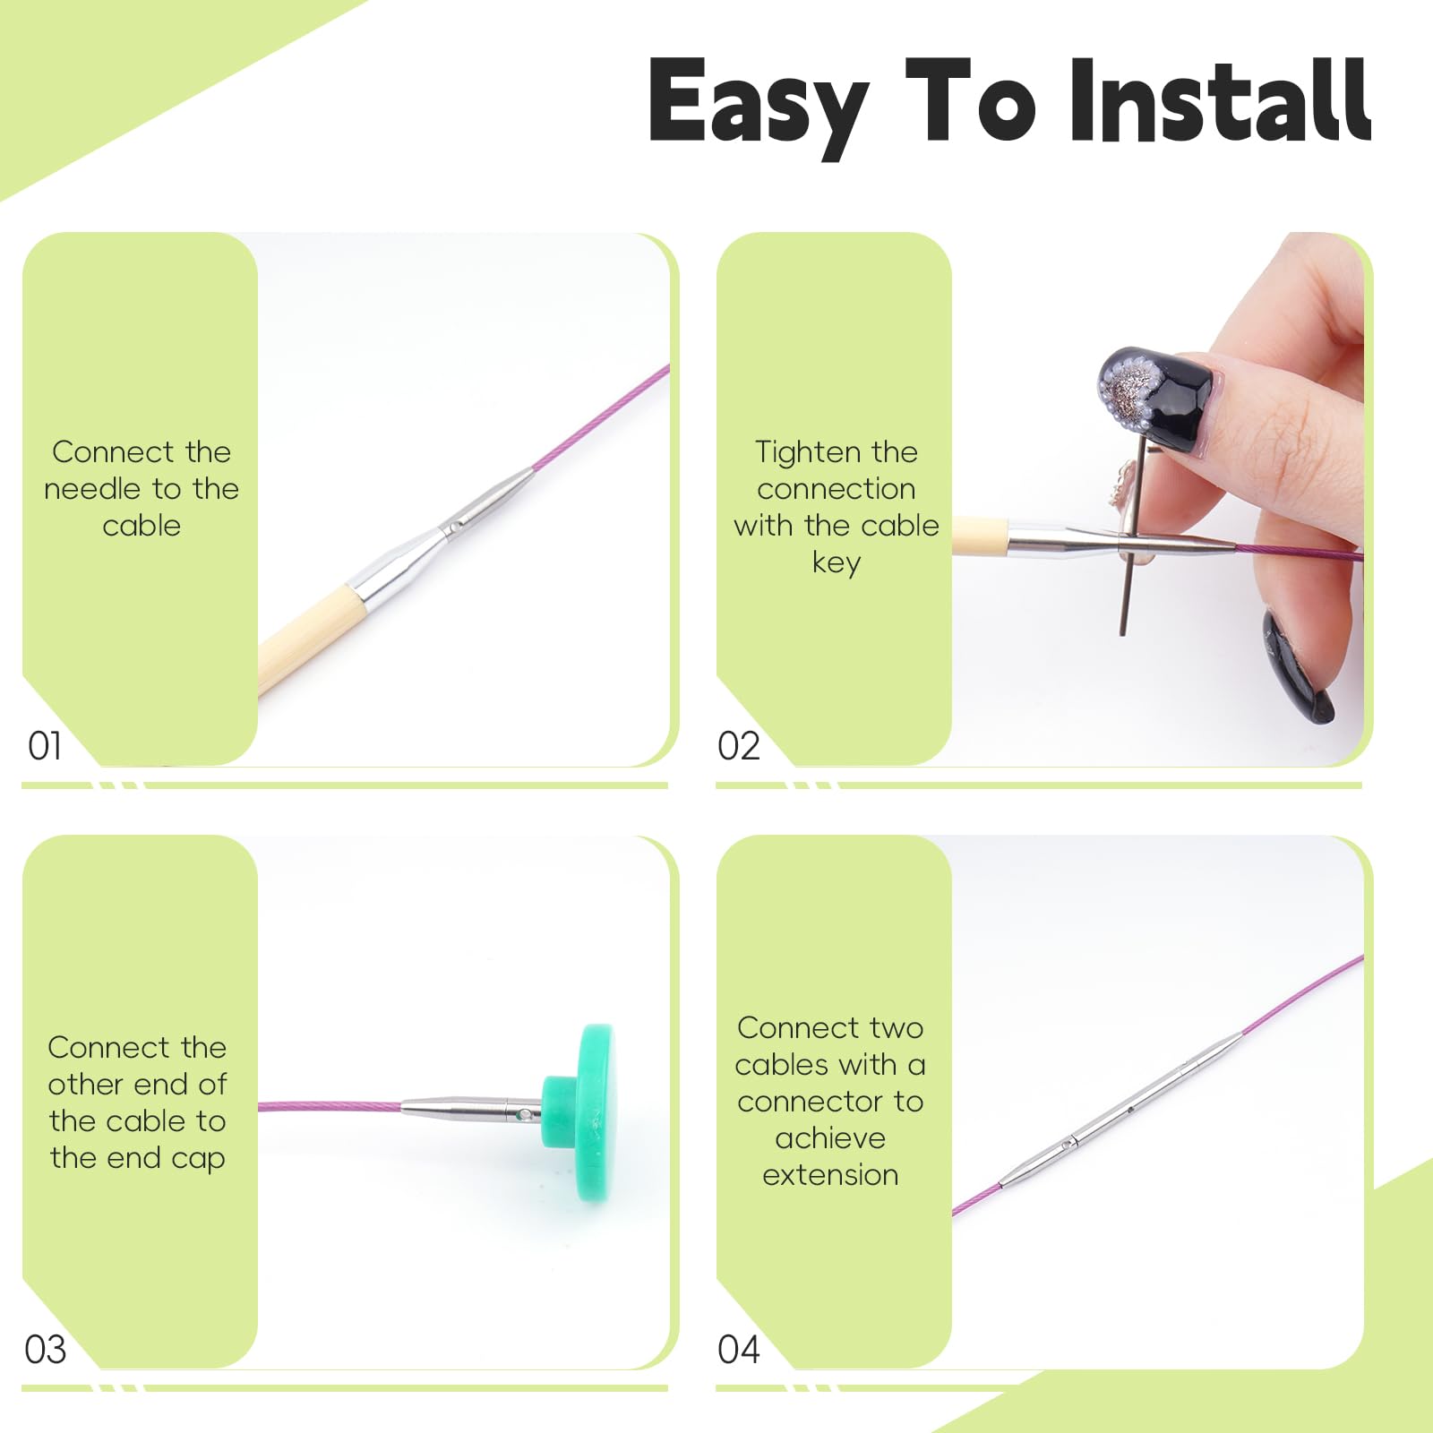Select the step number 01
[45, 745]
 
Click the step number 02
[739, 745]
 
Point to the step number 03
[46, 1349]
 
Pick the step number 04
[739, 1349]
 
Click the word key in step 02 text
[837, 563]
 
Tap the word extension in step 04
[830, 1174]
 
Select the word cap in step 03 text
[199, 1159]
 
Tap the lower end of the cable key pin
[1122, 633]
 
